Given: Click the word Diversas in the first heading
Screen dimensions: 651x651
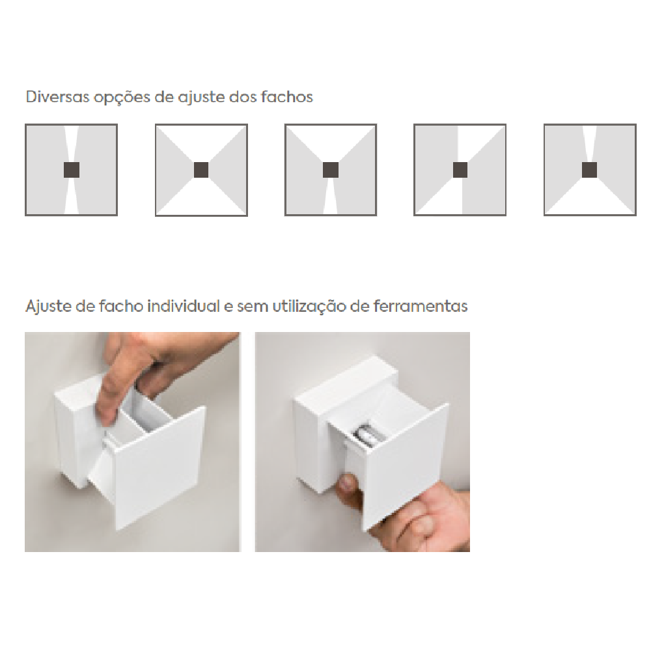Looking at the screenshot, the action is [58, 97].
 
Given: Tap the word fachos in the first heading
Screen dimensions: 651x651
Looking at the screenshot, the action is [287, 97].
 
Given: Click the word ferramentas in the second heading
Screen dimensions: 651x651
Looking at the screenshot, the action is [421, 306].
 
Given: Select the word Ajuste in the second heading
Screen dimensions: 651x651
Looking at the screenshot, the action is [48, 307].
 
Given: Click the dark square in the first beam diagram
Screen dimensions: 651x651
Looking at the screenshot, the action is [72, 170].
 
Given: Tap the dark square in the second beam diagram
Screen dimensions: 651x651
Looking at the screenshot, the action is [201, 170].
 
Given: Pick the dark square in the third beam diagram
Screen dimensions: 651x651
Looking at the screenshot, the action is [331, 170].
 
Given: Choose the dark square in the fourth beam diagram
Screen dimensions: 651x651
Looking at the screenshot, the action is [460, 170].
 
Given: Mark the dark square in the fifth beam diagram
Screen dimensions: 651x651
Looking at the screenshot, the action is [590, 170].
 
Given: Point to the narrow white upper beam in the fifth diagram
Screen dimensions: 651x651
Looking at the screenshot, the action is [590, 144].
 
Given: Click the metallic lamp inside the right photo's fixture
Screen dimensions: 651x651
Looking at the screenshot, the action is [365, 434].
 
